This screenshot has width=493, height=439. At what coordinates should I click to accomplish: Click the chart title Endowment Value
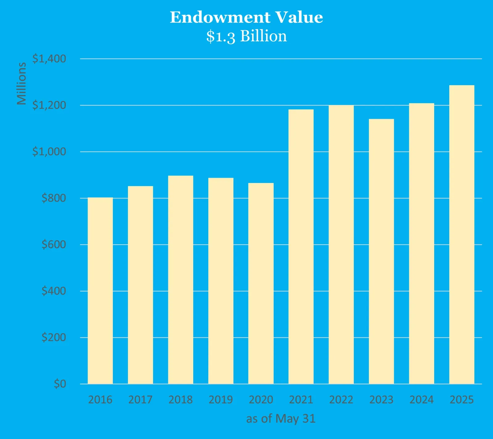pos(246,17)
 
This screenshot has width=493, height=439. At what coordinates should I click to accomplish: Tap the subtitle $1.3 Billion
pos(246,36)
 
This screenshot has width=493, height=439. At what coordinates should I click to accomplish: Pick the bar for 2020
pos(261,283)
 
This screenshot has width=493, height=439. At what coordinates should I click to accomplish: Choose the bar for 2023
pos(381,251)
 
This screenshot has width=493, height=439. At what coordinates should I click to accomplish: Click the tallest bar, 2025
pos(462,234)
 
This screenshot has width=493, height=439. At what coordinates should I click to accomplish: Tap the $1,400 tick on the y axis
pos(49,59)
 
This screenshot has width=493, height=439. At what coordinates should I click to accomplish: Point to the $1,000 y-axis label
pos(49,151)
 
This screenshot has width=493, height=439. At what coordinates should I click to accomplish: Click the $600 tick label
pos(54,244)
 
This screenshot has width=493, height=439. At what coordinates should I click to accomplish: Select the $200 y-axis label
pos(54,337)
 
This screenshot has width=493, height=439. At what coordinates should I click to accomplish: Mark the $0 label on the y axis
pos(60,384)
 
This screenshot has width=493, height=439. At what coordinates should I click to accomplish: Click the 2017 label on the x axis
pos(140,400)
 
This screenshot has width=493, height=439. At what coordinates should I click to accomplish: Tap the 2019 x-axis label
pos(221,400)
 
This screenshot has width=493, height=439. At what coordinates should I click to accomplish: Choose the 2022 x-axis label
pos(341,400)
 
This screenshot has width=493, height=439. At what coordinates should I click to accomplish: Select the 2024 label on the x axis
pos(421,400)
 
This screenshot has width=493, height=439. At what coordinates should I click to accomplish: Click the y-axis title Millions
pos(22,84)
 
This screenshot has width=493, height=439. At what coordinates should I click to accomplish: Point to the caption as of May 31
pos(281,419)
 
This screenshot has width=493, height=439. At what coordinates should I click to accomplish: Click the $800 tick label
pos(54,198)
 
